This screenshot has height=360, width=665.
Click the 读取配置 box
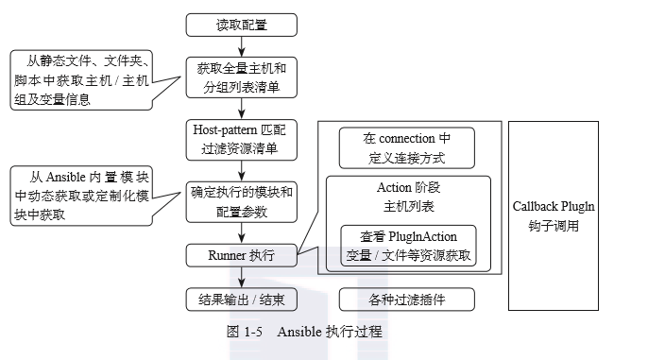241,25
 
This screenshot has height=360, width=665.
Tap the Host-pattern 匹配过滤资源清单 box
241,138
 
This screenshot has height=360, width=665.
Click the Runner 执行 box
241,254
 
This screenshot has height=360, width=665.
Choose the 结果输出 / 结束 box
241,300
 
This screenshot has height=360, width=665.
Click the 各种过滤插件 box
406,300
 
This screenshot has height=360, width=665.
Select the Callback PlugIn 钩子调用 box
554,215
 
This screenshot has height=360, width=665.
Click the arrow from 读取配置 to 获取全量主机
241,45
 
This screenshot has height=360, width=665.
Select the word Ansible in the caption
299,332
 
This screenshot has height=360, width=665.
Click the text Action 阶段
406,188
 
